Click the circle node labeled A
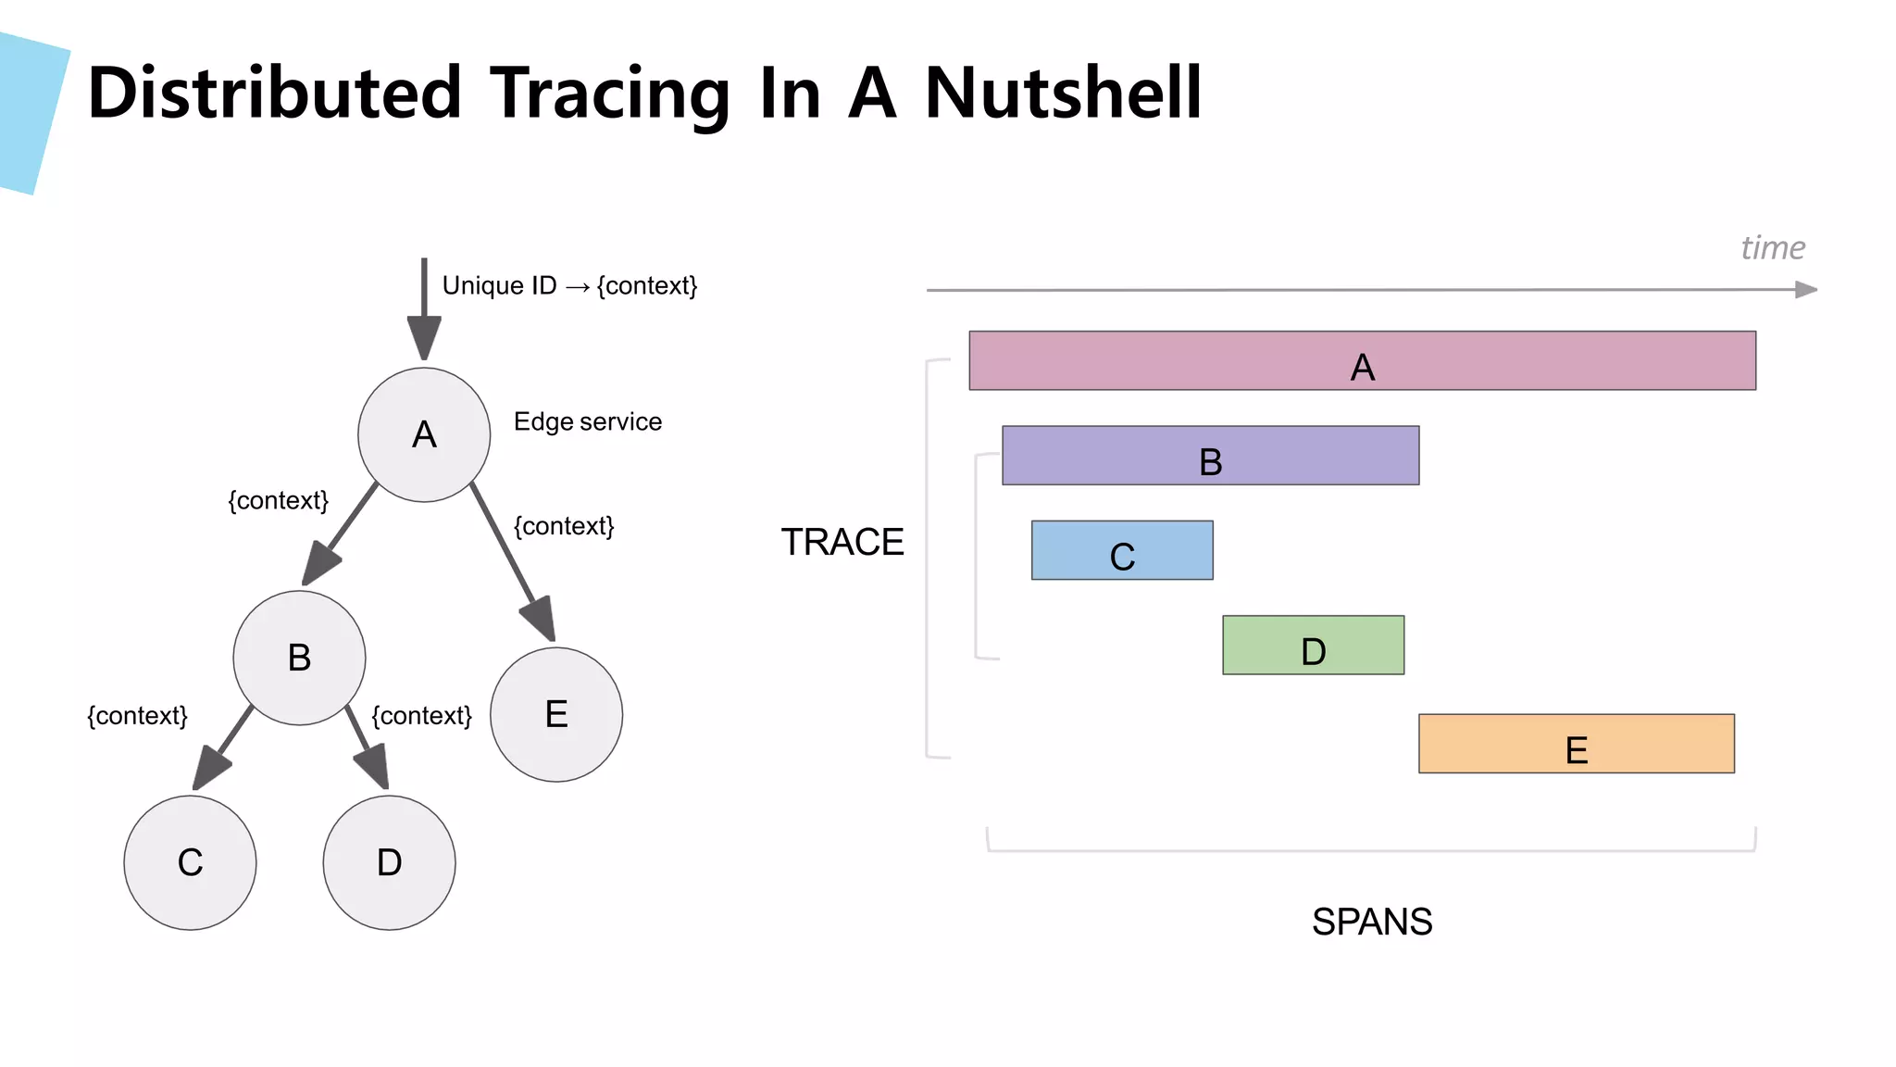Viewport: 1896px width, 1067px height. coord(424,434)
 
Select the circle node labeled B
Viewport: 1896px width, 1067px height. coord(299,658)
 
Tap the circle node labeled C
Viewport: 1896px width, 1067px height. coord(190,862)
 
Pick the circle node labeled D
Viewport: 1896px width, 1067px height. coord(389,862)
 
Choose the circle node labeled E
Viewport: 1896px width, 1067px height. coord(556,714)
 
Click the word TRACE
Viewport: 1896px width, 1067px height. coord(842,542)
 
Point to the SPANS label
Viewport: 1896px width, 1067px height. coord(1371,922)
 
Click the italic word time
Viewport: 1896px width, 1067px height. coord(1772,248)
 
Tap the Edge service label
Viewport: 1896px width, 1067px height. coord(588,422)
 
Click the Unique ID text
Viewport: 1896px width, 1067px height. coord(499,285)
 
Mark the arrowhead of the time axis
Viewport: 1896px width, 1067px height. coord(1805,290)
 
